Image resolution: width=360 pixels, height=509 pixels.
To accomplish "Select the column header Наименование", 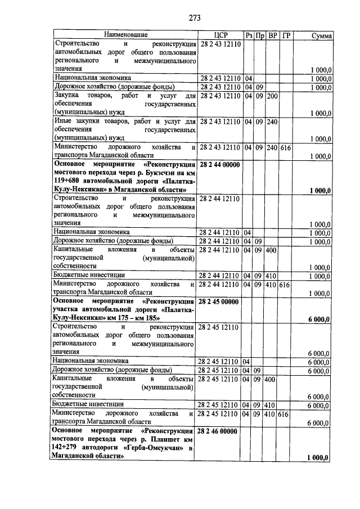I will [x=125, y=35].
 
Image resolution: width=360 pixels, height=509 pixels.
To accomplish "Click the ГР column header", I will [x=286, y=35].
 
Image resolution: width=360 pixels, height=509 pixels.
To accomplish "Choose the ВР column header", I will [x=273, y=35].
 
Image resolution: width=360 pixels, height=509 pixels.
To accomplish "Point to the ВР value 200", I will [x=273, y=96].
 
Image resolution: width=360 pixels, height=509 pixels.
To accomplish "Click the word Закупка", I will [x=68, y=96].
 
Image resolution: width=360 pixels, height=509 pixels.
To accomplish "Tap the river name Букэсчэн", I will [x=157, y=173].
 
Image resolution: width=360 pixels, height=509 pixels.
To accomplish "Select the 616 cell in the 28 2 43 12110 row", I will [x=286, y=147].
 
